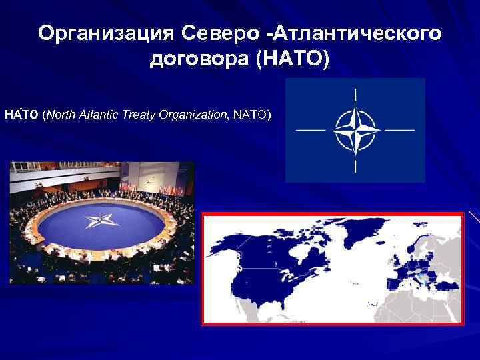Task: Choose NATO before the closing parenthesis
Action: coord(251,115)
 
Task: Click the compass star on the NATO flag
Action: coord(355,129)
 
